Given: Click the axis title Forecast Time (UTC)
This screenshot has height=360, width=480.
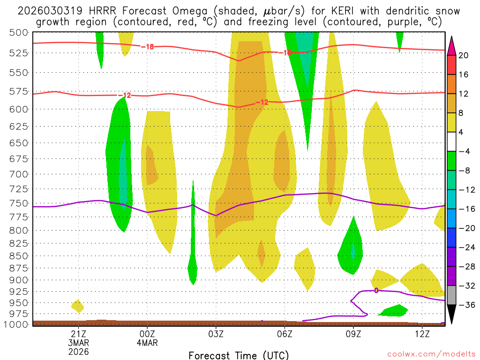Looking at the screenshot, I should click(239, 355).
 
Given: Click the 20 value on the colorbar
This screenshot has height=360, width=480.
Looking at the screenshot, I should click(464, 55).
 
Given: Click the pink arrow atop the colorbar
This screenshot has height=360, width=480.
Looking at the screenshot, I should click(452, 45).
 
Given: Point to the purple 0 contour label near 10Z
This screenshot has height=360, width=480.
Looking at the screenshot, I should click(376, 291).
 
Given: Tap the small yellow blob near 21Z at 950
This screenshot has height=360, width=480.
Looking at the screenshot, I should click(78, 306).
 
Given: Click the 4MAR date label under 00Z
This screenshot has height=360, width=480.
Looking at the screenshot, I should click(147, 343).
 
